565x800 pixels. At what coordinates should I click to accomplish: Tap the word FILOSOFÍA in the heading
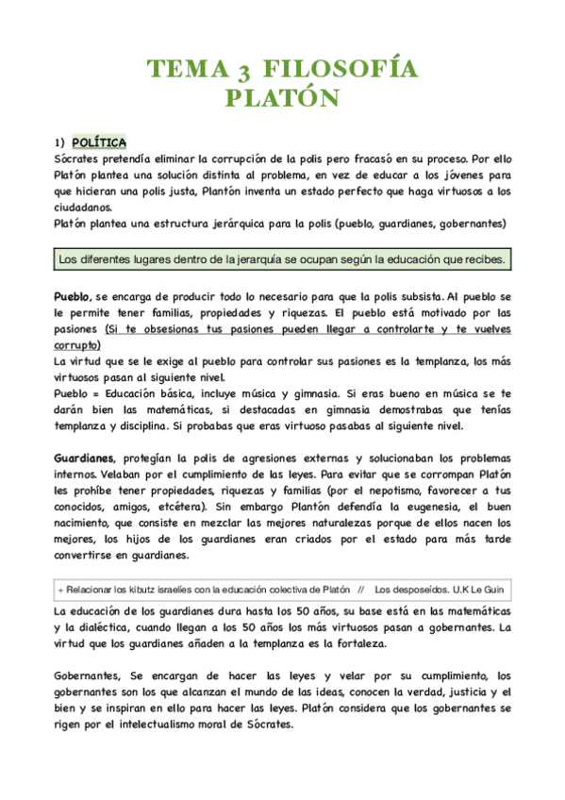tap(335, 70)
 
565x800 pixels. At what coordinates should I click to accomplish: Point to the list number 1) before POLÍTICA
tap(60, 142)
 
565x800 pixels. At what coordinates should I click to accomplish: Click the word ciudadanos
tap(82, 208)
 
